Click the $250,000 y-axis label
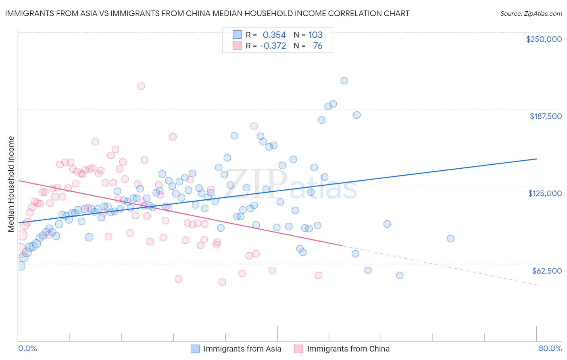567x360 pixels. coord(544,39)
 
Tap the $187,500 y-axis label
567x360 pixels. coord(545,116)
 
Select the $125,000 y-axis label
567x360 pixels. coord(545,193)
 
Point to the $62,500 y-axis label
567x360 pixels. coord(546,270)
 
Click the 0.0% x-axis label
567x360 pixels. coord(27,348)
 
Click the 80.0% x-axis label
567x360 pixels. coord(550,348)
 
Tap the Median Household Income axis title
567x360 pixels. coord(11,184)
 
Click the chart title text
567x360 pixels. coord(207,13)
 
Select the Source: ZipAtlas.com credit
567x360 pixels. coord(531,13)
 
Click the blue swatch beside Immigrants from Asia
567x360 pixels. coord(195,349)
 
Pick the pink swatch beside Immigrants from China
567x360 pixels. coord(298,349)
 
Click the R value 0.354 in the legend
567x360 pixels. coord(274,35)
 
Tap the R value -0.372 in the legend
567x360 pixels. coord(273,46)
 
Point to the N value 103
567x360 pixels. coord(315,35)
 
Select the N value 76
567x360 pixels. coord(318,46)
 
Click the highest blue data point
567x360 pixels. coord(344,81)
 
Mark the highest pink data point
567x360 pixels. coord(141,86)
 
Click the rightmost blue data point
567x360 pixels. coord(450,239)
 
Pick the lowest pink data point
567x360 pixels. coord(222,282)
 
